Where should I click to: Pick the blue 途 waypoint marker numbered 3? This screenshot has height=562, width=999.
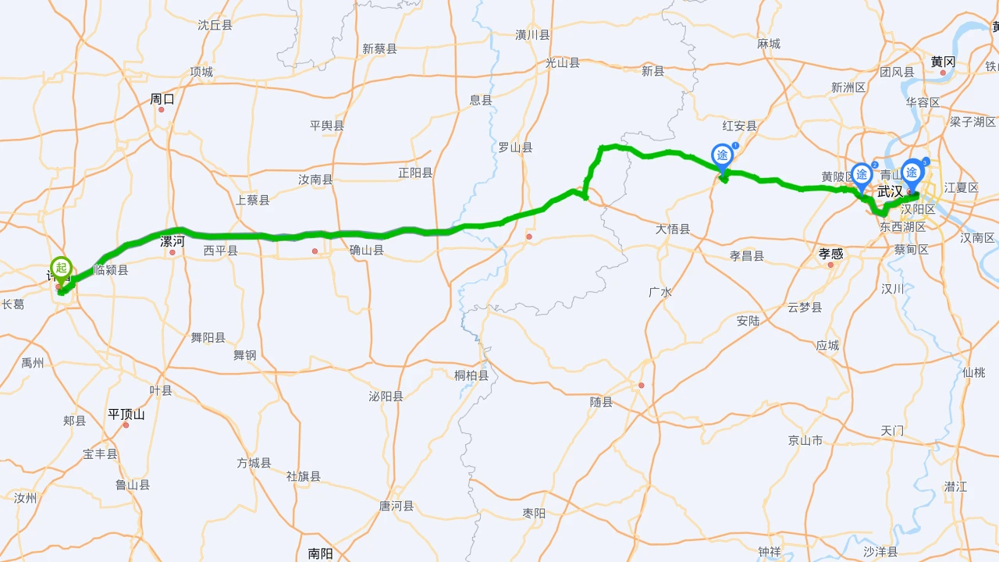click(912, 172)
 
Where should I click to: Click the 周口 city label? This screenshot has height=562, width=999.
click(162, 99)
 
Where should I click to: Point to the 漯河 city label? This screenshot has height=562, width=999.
click(172, 241)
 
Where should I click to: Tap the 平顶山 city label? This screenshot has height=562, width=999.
click(126, 414)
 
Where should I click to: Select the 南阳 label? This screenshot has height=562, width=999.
click(320, 553)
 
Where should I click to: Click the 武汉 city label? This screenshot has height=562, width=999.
click(890, 191)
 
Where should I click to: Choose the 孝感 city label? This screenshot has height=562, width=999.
click(830, 254)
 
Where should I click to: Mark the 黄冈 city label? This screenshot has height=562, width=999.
click(943, 62)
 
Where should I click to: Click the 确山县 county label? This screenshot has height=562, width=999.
click(367, 251)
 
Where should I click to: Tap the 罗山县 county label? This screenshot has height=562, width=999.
click(515, 148)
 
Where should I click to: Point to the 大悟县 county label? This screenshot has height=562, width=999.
click(673, 229)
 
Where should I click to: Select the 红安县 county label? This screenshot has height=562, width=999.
click(740, 126)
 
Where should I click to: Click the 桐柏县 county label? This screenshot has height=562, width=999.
click(471, 375)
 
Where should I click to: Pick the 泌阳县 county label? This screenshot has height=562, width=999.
click(386, 397)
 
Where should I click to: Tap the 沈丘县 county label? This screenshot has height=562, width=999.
click(215, 25)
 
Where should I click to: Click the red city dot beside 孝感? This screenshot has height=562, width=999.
click(830, 265)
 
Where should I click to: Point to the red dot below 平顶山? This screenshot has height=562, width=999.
click(126, 425)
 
